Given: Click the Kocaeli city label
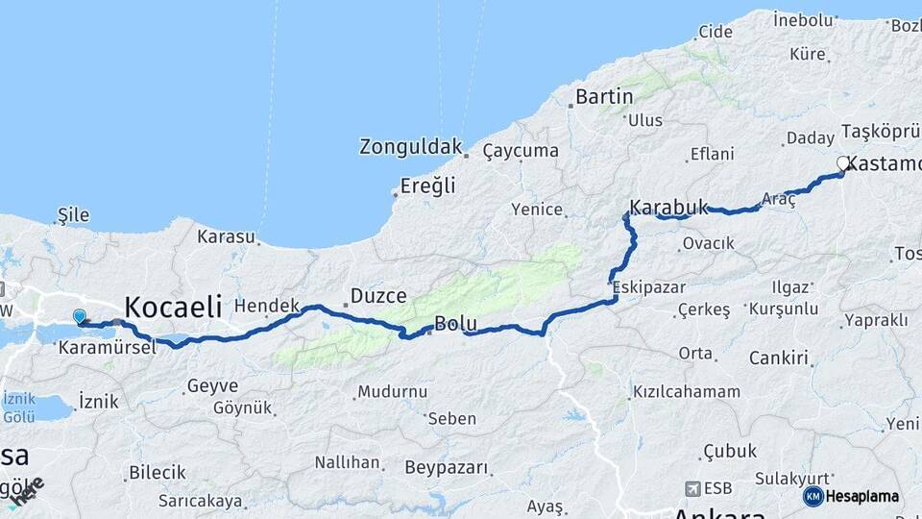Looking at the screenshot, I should tap(173, 308).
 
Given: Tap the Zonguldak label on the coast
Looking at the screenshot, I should tap(410, 147).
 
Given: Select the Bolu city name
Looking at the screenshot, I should tap(456, 324).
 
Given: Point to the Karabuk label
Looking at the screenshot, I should tap(669, 207).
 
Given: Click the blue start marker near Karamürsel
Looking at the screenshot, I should tap(79, 315).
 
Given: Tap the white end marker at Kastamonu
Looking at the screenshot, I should tap(843, 163).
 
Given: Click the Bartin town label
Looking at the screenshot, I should tap(604, 96).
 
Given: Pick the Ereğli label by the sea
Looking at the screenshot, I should tap(427, 185).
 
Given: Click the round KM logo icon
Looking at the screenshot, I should tap(813, 496).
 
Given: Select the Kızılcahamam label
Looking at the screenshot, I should tap(686, 392).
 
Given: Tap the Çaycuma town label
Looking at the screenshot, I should tap(521, 151).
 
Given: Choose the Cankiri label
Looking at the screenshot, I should tap(779, 358).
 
